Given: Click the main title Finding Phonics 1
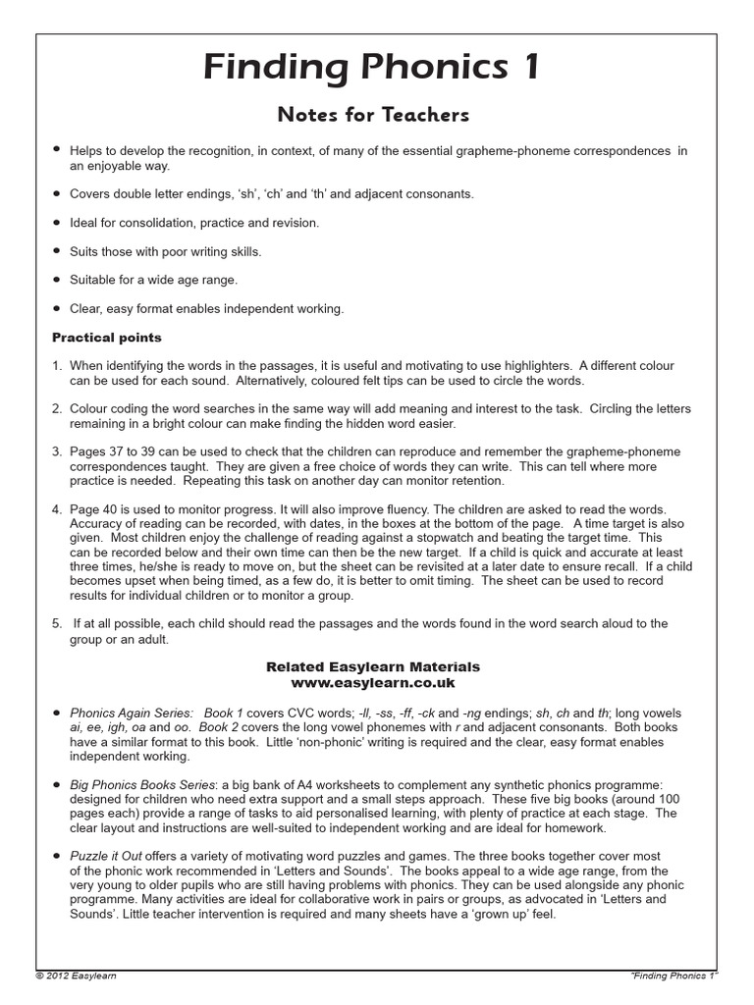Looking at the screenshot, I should pyautogui.click(x=372, y=68).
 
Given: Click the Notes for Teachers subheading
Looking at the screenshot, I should pyautogui.click(x=373, y=115).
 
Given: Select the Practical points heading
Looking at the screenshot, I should pyautogui.click(x=106, y=338).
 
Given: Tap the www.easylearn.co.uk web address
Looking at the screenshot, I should pyautogui.click(x=373, y=682).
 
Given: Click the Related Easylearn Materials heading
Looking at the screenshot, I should pyautogui.click(x=373, y=666).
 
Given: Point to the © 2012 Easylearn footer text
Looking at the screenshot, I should pyautogui.click(x=76, y=976).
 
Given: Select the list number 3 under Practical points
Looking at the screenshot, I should pyautogui.click(x=56, y=452).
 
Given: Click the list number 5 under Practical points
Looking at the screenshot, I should pyautogui.click(x=56, y=623).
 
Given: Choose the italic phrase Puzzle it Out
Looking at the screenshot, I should pyautogui.click(x=103, y=857).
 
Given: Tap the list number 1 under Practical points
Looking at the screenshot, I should pyautogui.click(x=56, y=365).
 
